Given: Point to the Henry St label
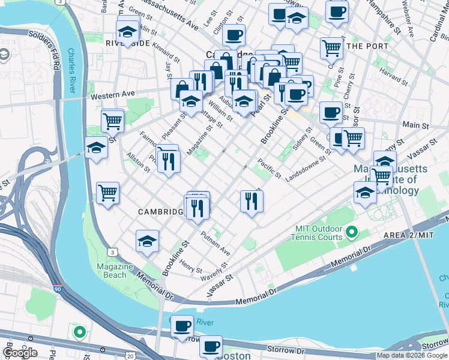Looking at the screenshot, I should (190, 265).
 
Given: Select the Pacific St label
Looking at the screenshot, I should (269, 167).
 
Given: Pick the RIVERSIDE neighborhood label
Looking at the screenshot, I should (127, 43).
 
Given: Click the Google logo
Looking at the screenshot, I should (20, 352).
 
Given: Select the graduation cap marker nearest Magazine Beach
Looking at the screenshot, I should (147, 241).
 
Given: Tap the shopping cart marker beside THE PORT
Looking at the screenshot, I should (331, 49).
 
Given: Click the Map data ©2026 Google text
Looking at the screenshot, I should (412, 355).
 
